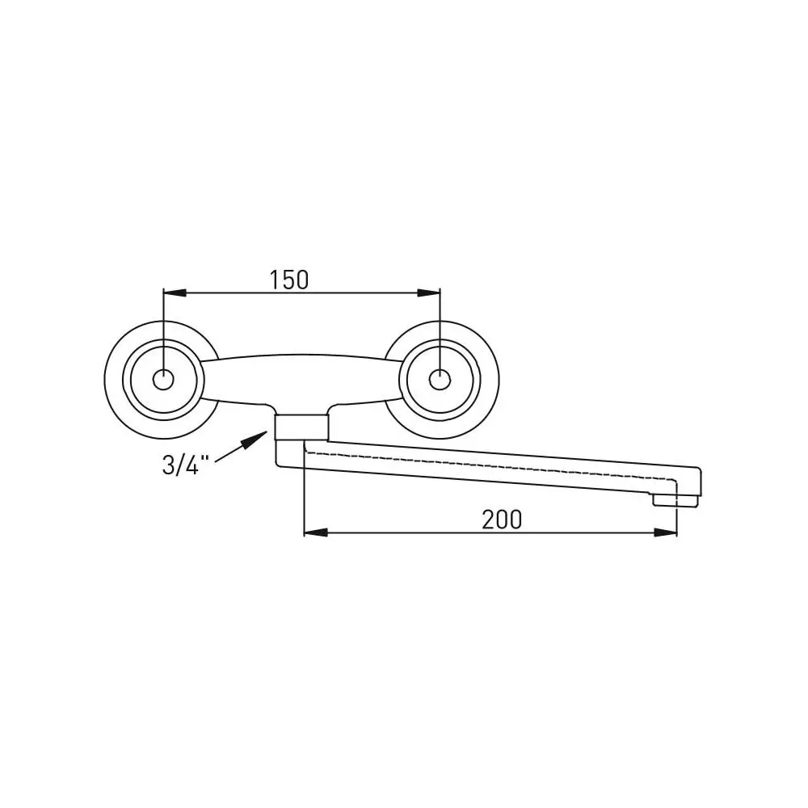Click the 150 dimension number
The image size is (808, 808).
(x=289, y=280)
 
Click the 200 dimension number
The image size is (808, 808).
(x=502, y=520)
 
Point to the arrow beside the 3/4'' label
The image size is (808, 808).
(x=241, y=446)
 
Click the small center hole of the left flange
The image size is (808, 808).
(x=163, y=380)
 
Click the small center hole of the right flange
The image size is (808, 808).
(x=439, y=380)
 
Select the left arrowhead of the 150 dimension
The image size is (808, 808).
(x=175, y=292)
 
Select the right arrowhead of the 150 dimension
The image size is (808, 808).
(x=429, y=292)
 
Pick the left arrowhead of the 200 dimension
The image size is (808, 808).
(x=315, y=532)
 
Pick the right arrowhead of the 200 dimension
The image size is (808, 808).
(x=665, y=532)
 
